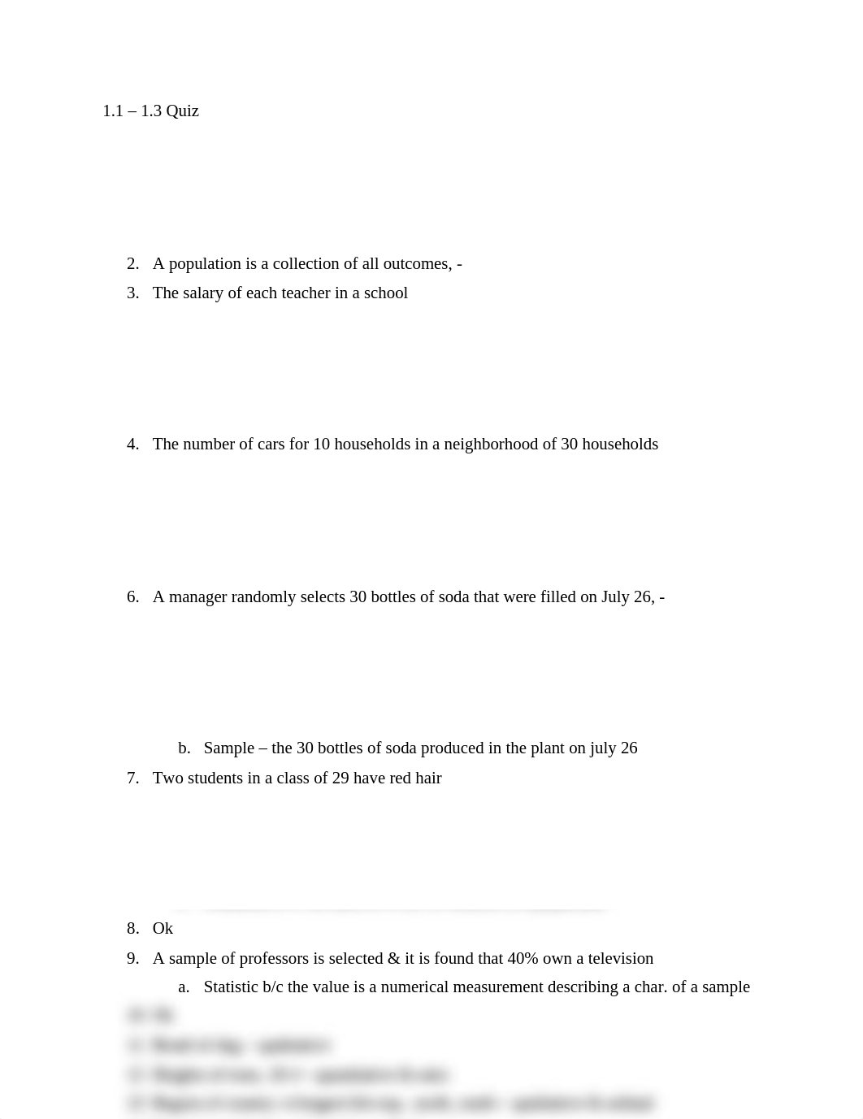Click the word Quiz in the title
point(182,111)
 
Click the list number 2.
point(132,263)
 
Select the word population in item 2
point(205,263)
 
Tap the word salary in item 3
point(203,293)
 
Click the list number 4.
point(132,444)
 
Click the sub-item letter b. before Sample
point(184,748)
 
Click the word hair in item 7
point(428,778)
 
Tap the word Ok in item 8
point(163,928)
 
